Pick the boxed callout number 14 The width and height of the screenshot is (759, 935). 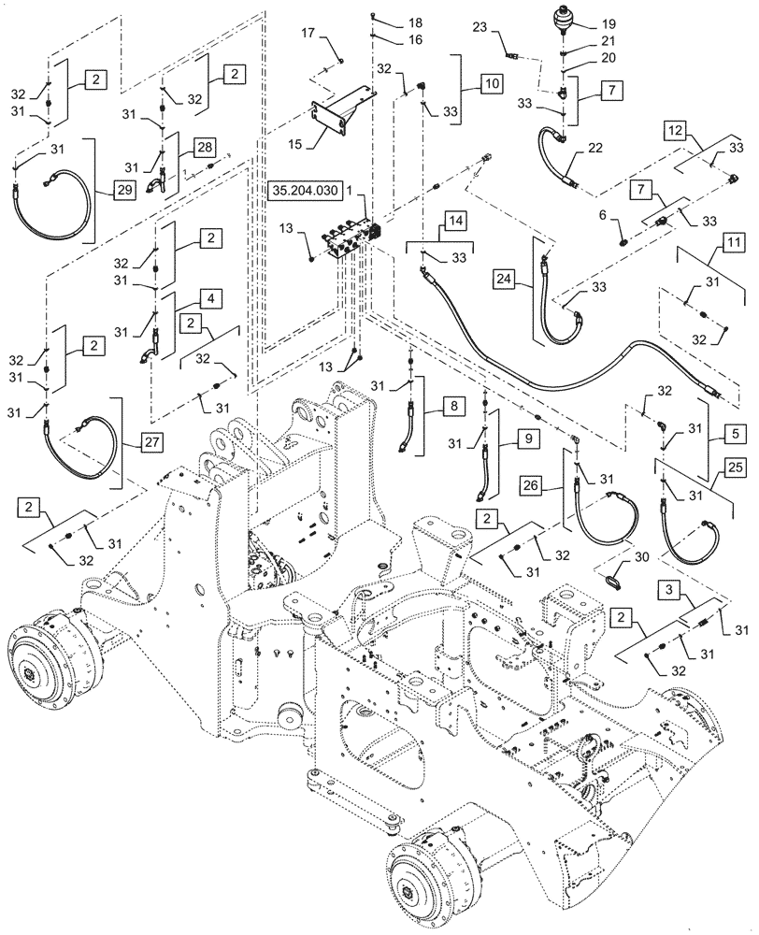454,221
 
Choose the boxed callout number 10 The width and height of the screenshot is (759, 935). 493,82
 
